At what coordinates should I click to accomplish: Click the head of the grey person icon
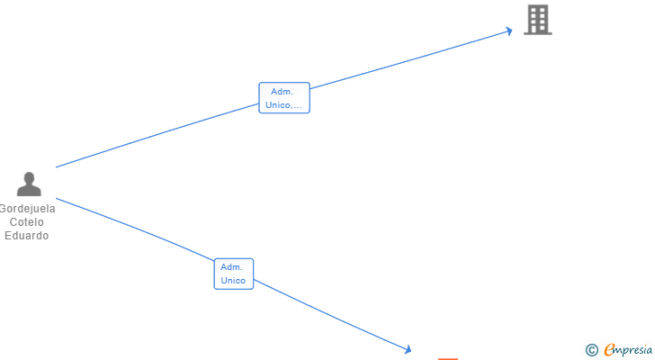[x=29, y=178]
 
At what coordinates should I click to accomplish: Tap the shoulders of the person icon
[x=29, y=191]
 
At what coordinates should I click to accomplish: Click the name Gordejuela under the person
[x=28, y=209]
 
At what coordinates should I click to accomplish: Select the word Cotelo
[x=27, y=222]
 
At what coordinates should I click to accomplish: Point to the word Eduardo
[x=28, y=236]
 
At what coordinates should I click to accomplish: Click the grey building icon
[x=538, y=19]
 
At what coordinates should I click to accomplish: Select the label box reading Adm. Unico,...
[x=284, y=98]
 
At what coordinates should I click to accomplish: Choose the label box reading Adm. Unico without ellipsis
[x=234, y=274]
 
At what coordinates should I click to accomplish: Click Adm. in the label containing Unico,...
[x=283, y=92]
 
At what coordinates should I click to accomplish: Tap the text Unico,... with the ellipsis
[x=284, y=105]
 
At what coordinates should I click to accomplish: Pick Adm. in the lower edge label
[x=232, y=267]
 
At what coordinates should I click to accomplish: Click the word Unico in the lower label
[x=233, y=281]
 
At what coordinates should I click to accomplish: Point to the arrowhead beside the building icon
[x=508, y=31]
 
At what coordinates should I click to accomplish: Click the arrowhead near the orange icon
[x=408, y=349]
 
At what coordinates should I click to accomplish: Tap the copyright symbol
[x=591, y=350]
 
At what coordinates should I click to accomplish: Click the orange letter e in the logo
[x=609, y=349]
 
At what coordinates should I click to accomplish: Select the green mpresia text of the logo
[x=634, y=350]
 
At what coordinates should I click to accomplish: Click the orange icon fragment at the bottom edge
[x=447, y=358]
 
